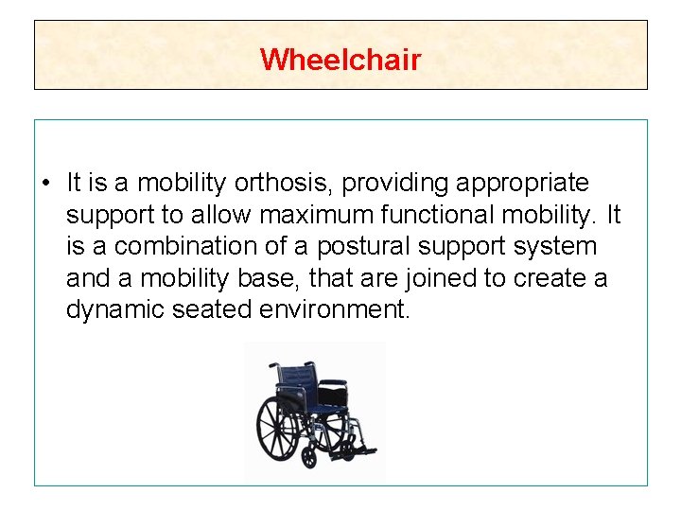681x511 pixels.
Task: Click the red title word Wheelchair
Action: click(x=340, y=60)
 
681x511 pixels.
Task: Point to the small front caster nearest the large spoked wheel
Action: click(x=309, y=458)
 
